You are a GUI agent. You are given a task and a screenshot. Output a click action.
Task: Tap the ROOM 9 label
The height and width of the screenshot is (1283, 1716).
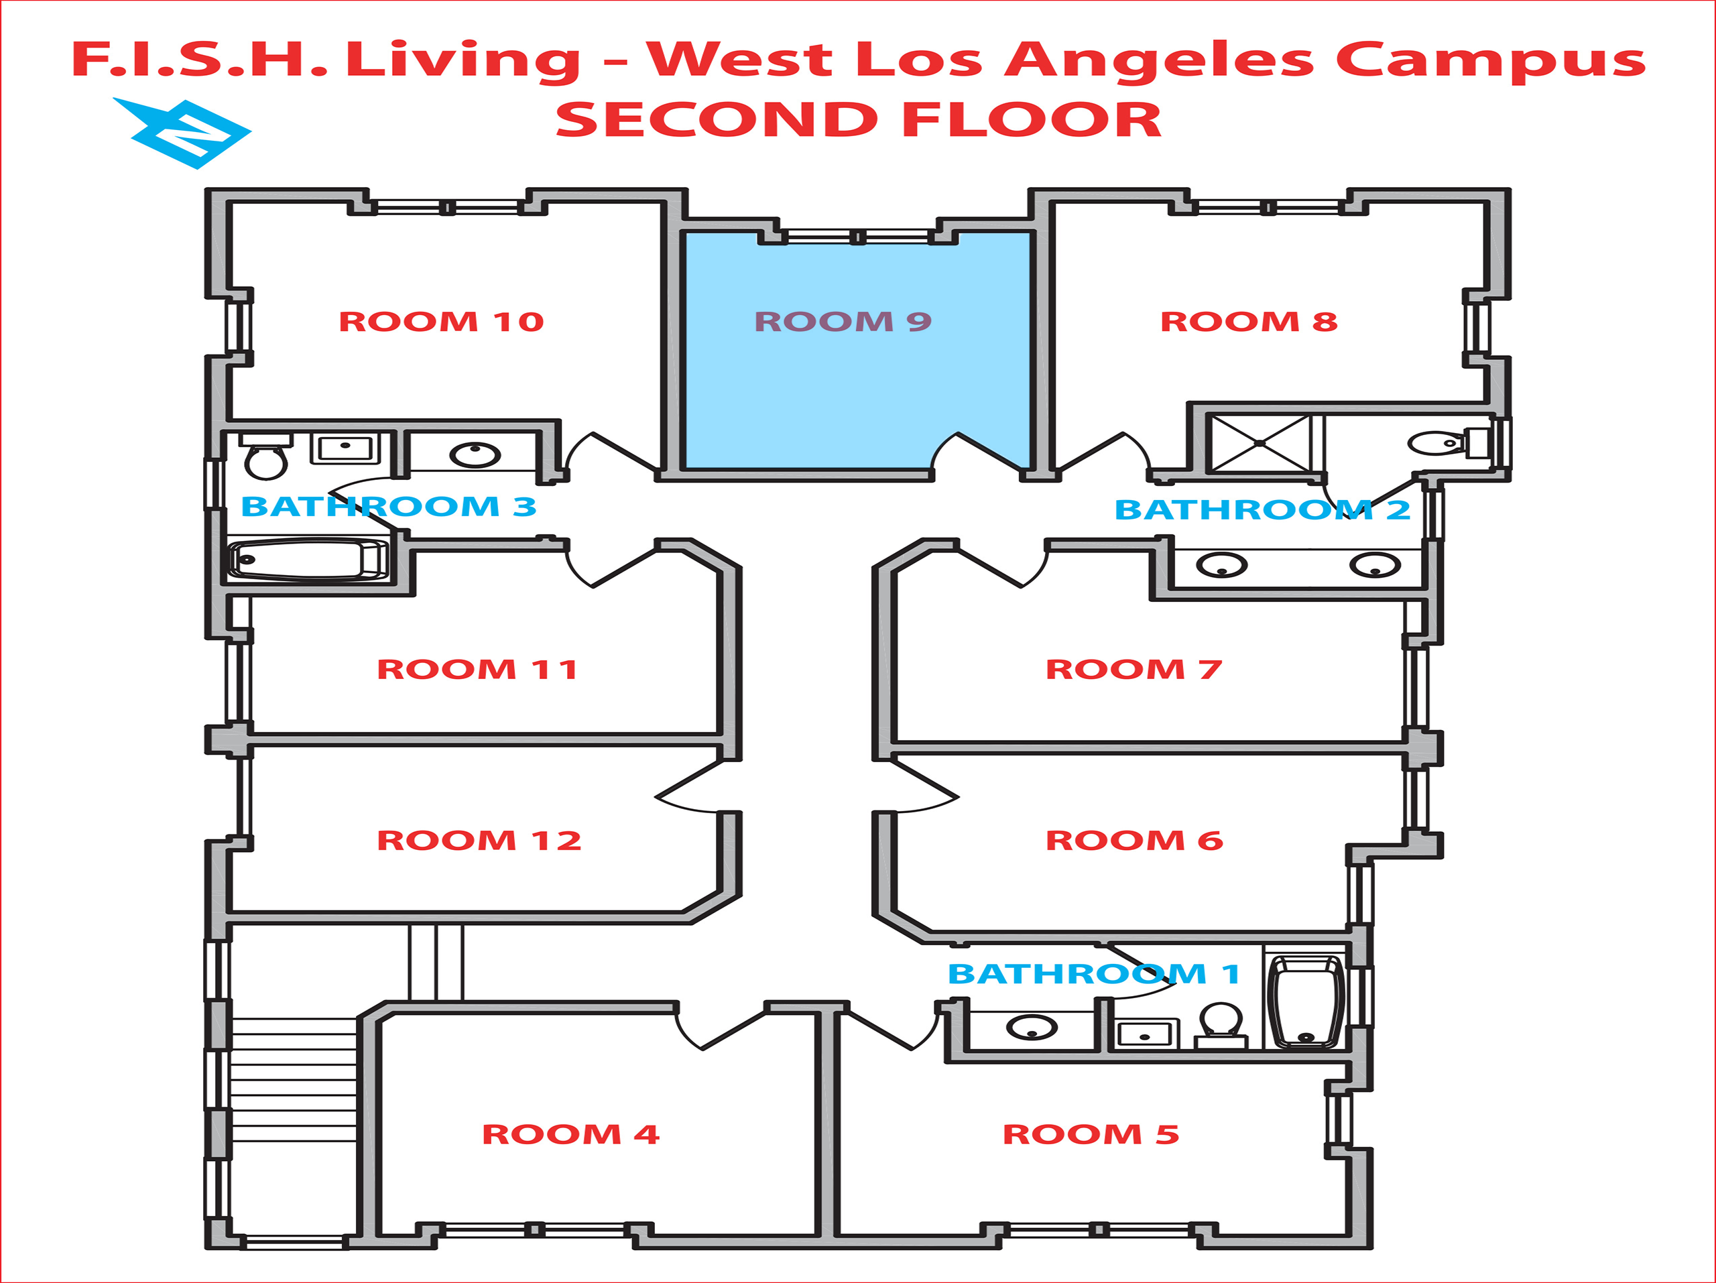[x=843, y=321]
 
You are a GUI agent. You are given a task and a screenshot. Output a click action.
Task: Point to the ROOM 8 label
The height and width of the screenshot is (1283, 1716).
[x=1248, y=321]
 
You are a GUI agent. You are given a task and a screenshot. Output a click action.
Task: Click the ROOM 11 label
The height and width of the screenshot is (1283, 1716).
[x=477, y=669]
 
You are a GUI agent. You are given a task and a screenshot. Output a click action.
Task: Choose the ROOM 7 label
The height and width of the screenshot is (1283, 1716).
[x=1133, y=669]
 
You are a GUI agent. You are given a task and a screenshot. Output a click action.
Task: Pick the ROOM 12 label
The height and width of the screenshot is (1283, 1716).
[x=479, y=840]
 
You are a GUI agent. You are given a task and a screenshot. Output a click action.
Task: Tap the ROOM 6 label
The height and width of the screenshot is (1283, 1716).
[x=1133, y=840]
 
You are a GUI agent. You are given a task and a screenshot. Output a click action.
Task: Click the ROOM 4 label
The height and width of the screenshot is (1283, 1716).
[x=570, y=1134]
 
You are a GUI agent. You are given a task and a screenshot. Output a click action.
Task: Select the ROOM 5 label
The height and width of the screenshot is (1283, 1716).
[x=1090, y=1134]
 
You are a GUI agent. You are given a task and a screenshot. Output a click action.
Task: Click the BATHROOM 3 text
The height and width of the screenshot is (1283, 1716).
[x=388, y=507]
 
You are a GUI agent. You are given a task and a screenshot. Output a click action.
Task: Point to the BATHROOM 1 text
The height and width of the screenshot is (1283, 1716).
[x=1093, y=973]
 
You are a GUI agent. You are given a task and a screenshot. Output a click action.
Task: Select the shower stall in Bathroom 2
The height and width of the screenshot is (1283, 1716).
[x=1260, y=443]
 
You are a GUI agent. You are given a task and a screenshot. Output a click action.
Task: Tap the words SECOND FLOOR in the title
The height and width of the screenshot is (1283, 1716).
[x=858, y=119]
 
